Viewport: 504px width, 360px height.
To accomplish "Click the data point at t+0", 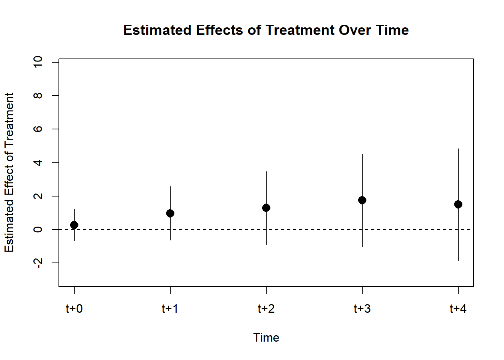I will coord(74,225).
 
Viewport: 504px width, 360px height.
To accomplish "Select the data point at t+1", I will coord(170,213).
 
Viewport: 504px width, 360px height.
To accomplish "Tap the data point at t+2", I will coord(266,208).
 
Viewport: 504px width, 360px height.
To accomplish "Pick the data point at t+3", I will coord(362,200).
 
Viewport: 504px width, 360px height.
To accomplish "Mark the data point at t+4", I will coord(458,204).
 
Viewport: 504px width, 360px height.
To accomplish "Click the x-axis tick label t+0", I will coord(74,309).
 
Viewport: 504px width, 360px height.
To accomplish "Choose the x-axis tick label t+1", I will coord(170,309).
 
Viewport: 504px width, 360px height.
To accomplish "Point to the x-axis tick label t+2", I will coord(266,309).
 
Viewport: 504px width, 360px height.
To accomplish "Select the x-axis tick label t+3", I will coord(362,309).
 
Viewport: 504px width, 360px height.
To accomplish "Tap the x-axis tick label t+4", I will coord(458,309).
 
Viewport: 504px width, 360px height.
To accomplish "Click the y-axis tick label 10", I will coord(38,62).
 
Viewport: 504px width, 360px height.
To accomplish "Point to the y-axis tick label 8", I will coord(38,96).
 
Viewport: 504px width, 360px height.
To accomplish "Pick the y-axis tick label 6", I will coord(38,129).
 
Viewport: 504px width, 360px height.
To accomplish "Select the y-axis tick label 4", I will coord(38,163).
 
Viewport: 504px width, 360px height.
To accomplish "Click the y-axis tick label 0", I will coord(38,229).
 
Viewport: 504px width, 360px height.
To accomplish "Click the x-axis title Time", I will coord(266,337).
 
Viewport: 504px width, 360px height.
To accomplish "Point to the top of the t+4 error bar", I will coord(458,149).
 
